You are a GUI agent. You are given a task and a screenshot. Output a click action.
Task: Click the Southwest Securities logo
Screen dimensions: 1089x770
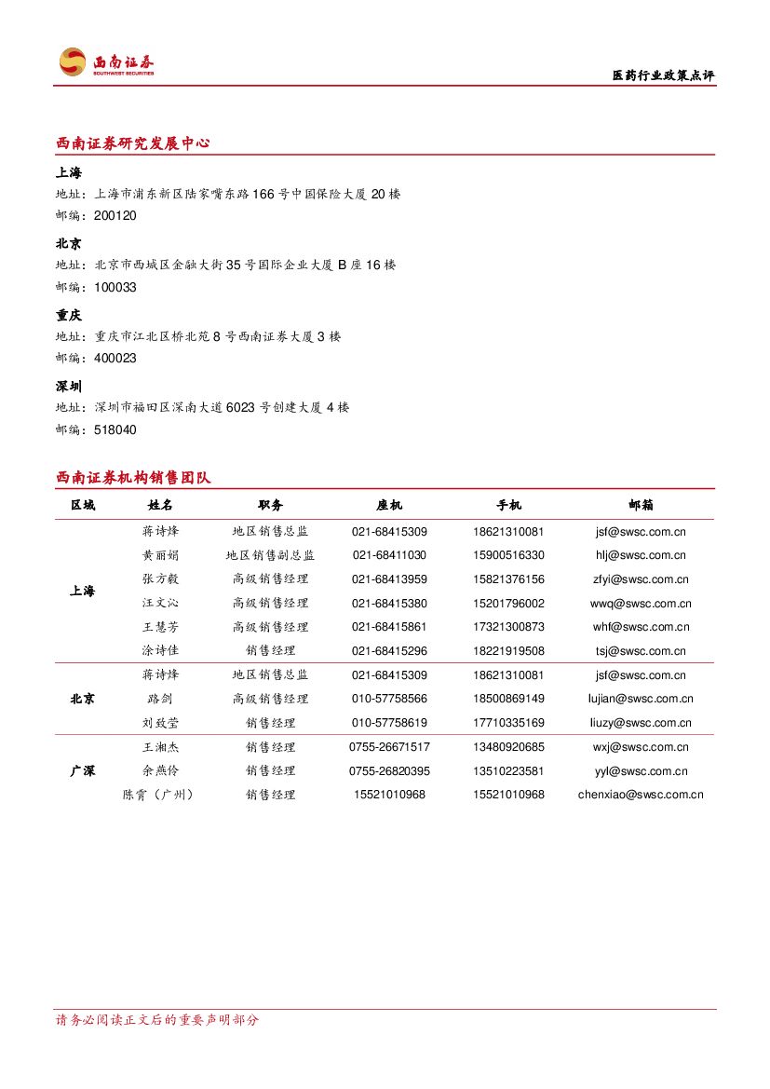(x=105, y=62)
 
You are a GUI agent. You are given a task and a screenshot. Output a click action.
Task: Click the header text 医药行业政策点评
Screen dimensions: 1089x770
(x=663, y=75)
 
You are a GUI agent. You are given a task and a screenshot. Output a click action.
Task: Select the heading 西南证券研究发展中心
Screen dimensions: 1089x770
(x=132, y=143)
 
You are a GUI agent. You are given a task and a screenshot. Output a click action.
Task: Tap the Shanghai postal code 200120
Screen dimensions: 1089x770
(x=115, y=216)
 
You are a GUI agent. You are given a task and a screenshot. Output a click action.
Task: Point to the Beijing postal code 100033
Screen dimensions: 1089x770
(x=115, y=288)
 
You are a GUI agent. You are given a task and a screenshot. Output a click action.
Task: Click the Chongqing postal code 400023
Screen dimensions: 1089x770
(x=115, y=359)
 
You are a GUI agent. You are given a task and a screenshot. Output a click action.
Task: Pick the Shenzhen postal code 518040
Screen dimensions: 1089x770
(x=115, y=430)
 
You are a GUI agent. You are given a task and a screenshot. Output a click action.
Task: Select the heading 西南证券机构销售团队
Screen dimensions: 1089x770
(x=132, y=478)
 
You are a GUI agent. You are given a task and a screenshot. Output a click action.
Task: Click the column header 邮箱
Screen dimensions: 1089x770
(x=641, y=505)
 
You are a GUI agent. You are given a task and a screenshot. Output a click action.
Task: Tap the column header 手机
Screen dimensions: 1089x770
(x=508, y=505)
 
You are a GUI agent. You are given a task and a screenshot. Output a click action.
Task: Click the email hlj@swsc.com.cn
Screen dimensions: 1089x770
(x=641, y=555)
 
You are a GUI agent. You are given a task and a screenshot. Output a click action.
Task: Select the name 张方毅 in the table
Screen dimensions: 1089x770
(x=160, y=579)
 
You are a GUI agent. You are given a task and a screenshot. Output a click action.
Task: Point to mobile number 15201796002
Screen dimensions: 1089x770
(x=508, y=604)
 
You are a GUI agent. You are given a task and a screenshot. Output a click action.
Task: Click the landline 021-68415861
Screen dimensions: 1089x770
(x=389, y=627)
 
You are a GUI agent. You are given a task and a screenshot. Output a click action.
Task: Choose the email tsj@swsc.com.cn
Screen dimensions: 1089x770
(x=641, y=651)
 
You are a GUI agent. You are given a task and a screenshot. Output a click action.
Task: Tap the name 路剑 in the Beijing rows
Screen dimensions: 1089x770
(x=160, y=699)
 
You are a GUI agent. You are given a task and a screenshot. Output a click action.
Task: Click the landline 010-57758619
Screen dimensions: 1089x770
(x=389, y=723)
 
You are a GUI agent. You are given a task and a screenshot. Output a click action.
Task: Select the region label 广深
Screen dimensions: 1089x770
(x=83, y=771)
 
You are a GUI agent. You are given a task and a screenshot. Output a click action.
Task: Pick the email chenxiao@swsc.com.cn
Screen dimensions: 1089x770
(x=641, y=795)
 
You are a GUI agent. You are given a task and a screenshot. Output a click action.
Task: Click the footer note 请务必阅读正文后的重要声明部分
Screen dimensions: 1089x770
(x=157, y=1020)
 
